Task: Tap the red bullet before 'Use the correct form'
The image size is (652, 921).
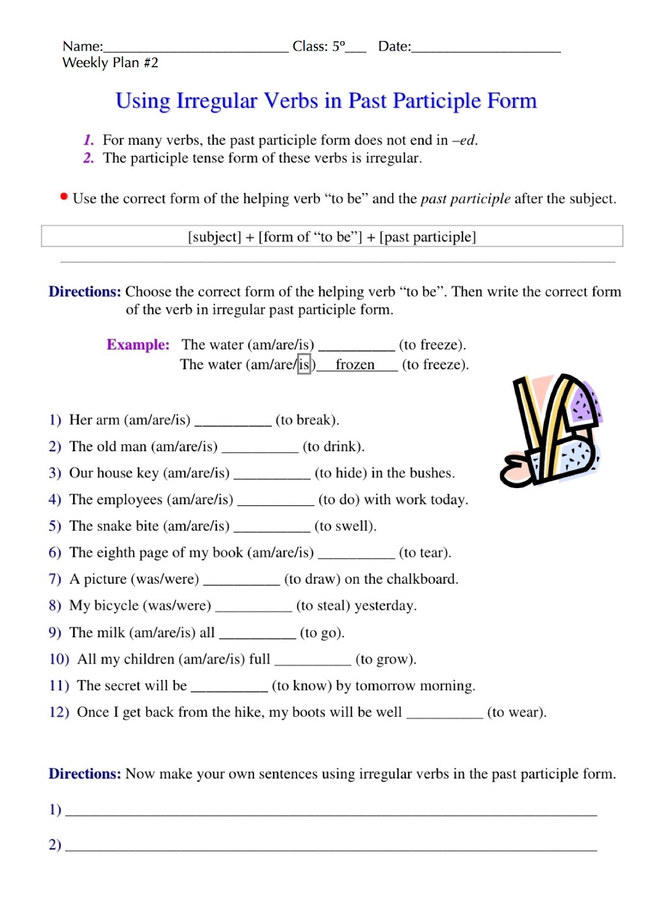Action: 64,197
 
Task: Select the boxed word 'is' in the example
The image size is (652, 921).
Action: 304,364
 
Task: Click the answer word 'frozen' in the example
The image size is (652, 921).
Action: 355,364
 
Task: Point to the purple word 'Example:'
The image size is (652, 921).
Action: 138,345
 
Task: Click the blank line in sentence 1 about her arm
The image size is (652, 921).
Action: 233,424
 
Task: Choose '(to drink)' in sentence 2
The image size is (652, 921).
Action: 333,447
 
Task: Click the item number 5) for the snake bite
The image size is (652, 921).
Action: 55,526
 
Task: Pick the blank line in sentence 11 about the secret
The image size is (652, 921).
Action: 229,690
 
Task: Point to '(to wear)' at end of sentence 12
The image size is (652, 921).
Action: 516,713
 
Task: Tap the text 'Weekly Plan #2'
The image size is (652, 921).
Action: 110,63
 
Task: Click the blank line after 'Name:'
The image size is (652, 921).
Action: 196,50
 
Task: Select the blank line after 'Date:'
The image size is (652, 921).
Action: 486,50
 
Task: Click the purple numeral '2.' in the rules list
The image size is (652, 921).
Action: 88,158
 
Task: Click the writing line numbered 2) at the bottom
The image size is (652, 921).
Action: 331,848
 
